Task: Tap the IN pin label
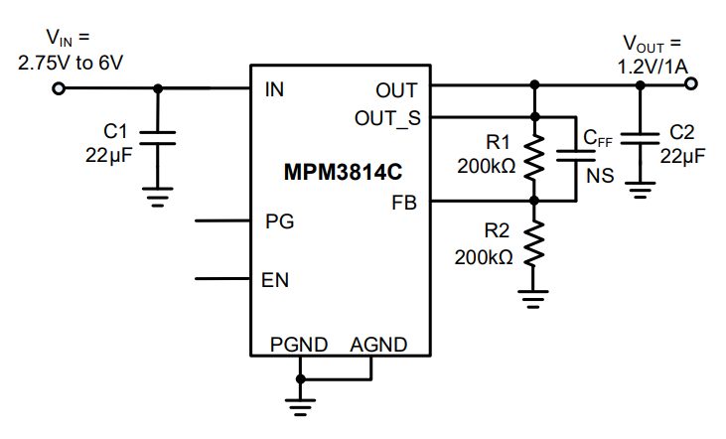tap(274, 89)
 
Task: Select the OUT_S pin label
tap(387, 118)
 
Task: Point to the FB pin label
tap(404, 203)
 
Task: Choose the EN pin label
tap(275, 279)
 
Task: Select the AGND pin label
tap(378, 345)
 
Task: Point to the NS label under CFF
tap(599, 176)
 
